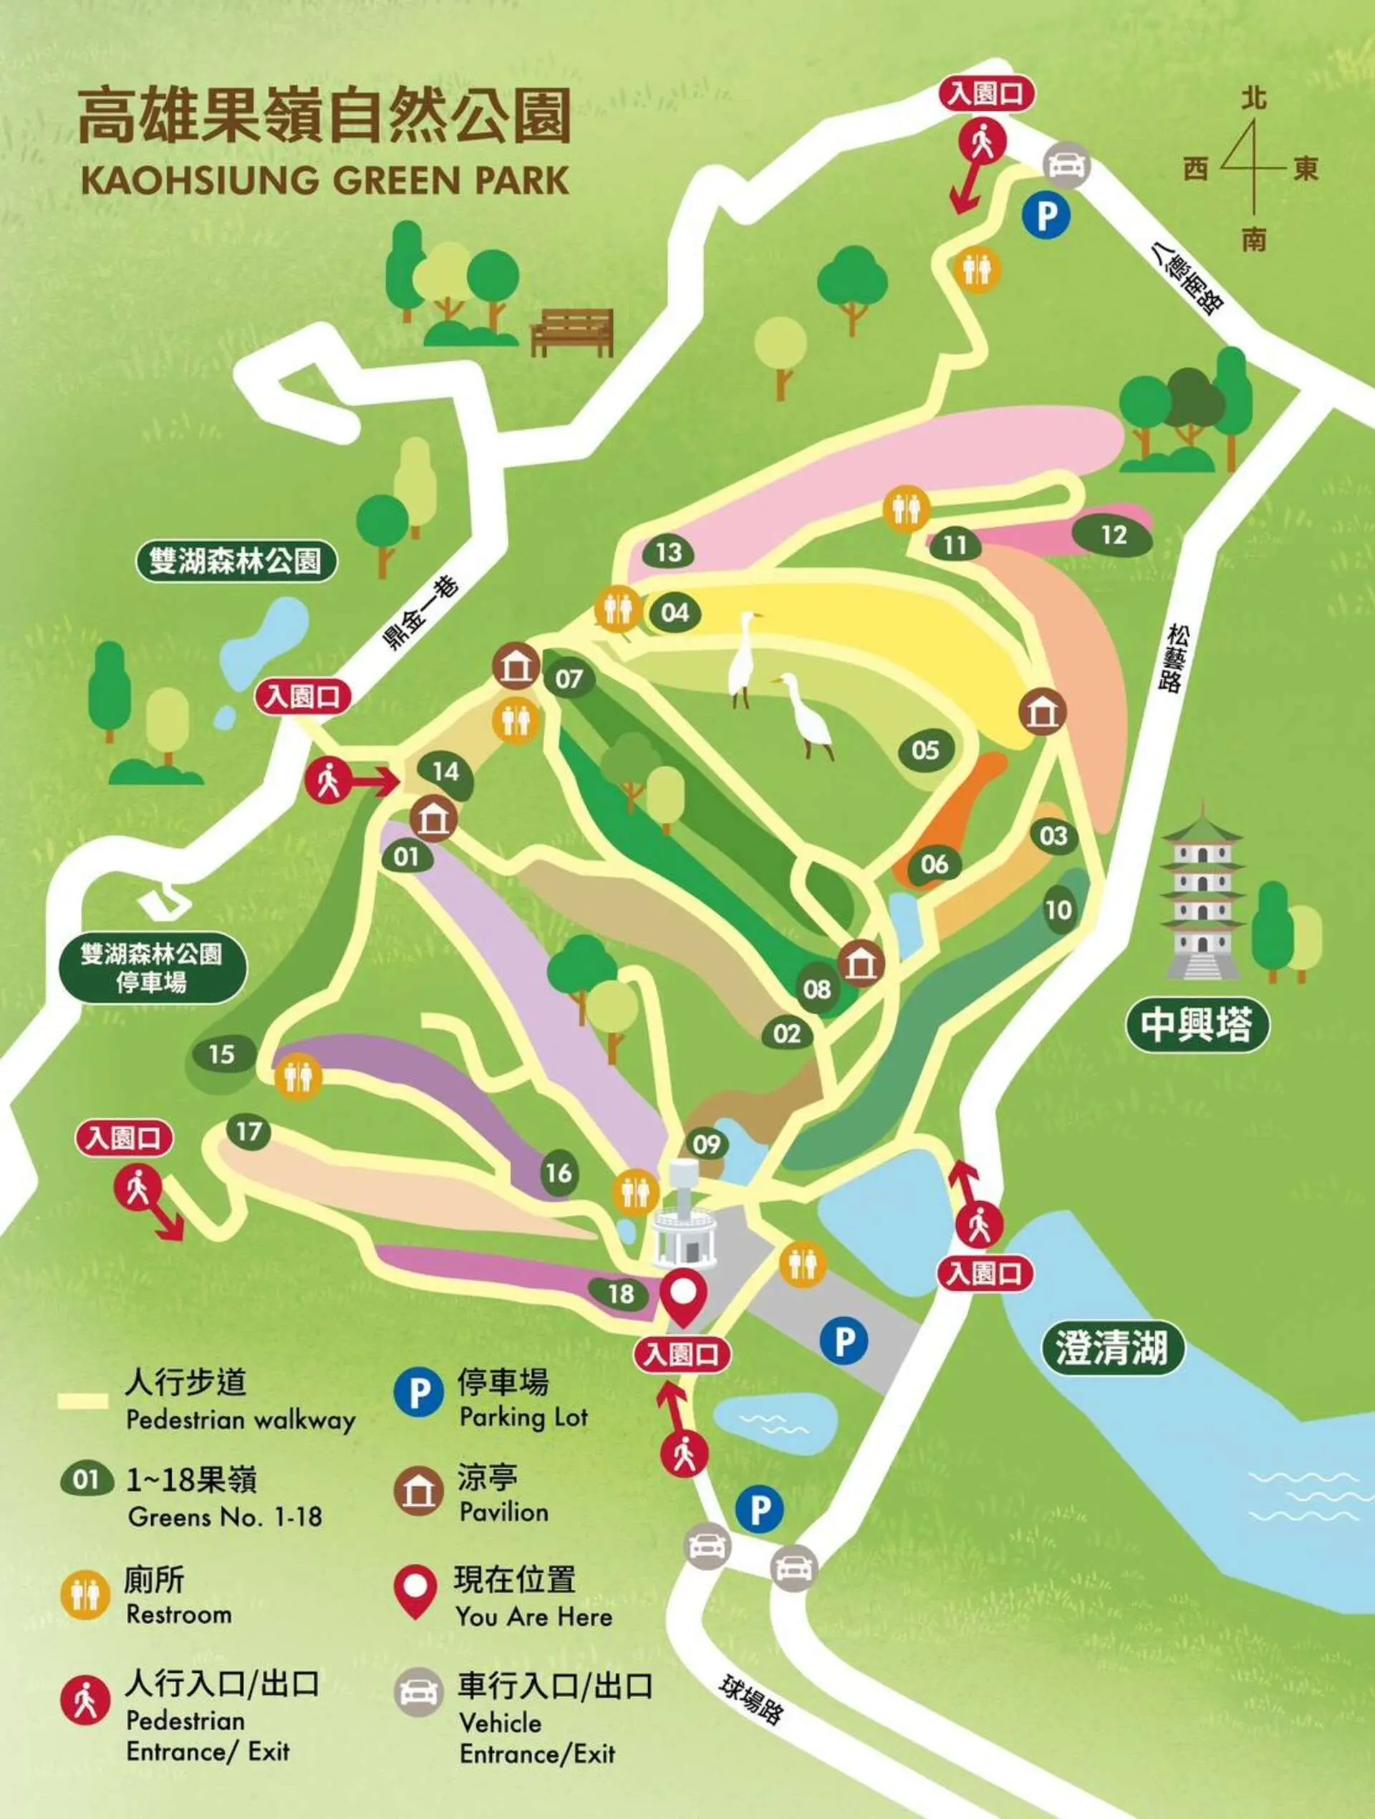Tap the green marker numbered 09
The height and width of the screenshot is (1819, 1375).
tap(706, 1144)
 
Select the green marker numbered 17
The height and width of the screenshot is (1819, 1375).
tap(249, 1132)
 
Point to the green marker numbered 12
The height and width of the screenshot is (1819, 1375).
tap(1113, 536)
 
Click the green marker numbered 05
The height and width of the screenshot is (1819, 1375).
tap(925, 749)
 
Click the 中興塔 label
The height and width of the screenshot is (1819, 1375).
tap(1196, 1025)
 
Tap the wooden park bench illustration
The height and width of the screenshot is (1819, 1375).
tap(572, 332)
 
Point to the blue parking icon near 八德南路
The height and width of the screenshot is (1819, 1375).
tap(1046, 216)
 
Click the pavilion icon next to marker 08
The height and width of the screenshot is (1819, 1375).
tap(861, 964)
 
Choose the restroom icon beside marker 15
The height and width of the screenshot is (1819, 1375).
tap(298, 1076)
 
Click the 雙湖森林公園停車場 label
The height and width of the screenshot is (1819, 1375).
tap(152, 968)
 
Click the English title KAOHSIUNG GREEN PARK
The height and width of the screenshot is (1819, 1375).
tap(325, 180)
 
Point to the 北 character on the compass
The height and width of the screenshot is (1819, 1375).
tap(1253, 100)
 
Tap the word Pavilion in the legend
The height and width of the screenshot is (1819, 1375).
tap(503, 1512)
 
